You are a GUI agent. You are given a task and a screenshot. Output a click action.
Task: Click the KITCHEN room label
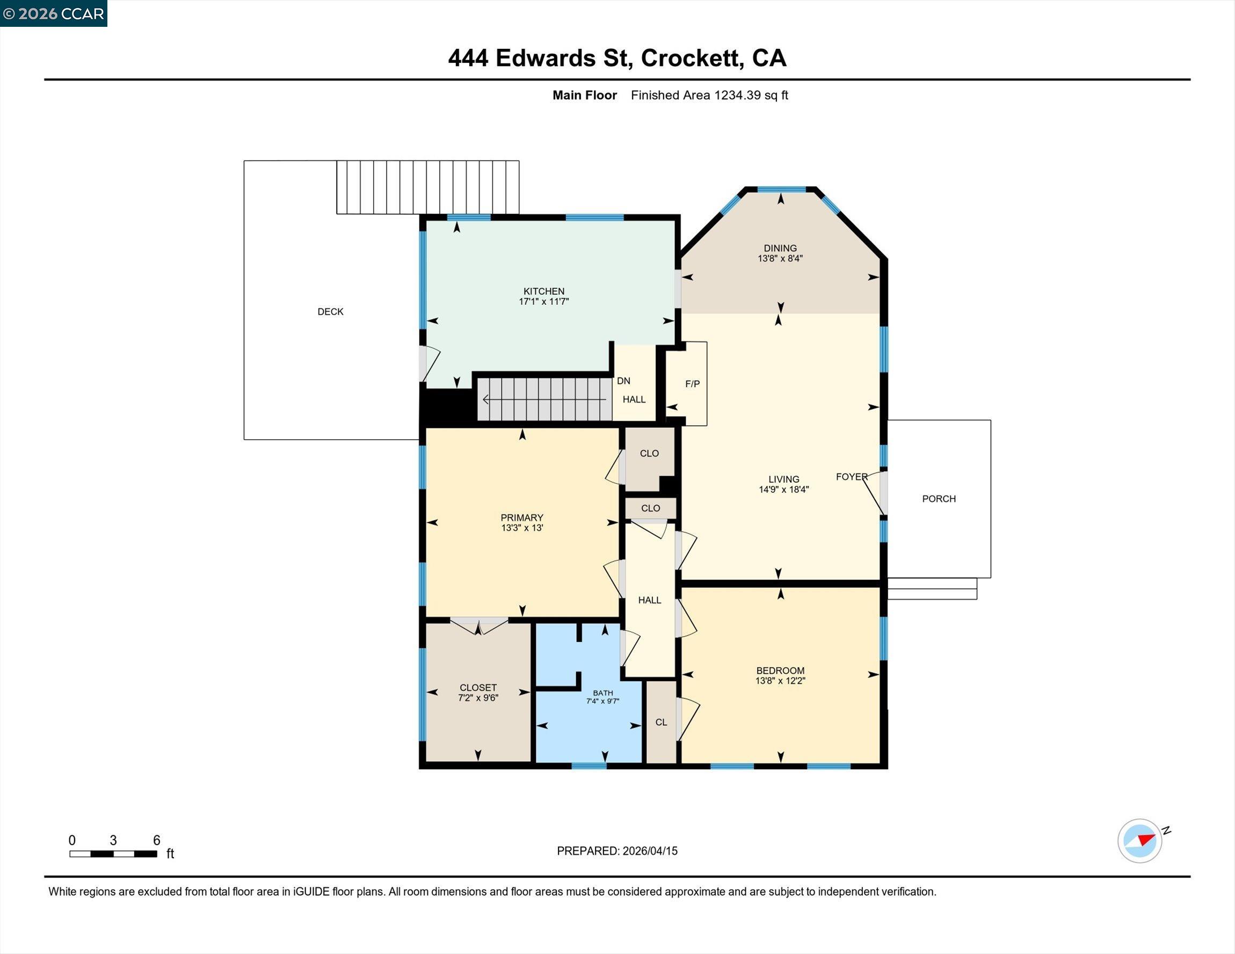point(543,291)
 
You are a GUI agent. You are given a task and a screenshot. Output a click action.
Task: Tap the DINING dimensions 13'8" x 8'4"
point(780,258)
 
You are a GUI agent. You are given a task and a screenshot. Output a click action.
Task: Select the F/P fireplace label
point(692,384)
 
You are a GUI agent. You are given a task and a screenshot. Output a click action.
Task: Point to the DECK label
point(330,311)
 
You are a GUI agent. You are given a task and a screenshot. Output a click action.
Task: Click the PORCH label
point(939,499)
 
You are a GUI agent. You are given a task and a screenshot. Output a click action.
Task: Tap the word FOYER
point(851,477)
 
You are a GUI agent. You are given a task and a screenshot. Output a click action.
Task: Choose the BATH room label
point(603,693)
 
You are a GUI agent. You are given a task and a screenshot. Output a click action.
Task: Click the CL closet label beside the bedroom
point(661,722)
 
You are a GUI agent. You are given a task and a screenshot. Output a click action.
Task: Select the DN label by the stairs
point(623,381)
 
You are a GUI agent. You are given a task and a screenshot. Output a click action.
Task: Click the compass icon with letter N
point(1140,840)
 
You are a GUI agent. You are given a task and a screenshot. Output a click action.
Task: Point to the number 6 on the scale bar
point(157,840)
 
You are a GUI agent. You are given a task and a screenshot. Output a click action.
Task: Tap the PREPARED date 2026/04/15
point(649,850)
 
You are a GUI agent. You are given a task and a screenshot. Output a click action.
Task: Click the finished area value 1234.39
point(737,95)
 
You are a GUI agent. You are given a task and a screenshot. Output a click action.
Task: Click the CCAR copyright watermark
point(54,13)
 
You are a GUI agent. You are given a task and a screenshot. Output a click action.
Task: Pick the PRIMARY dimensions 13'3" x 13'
point(521,528)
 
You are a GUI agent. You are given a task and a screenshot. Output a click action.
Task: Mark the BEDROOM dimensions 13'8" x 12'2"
point(780,680)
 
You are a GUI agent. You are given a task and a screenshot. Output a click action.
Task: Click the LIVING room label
point(783,479)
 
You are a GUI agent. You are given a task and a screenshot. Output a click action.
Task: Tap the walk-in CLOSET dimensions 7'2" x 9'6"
point(478,698)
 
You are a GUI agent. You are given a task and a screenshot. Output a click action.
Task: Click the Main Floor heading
point(584,95)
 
